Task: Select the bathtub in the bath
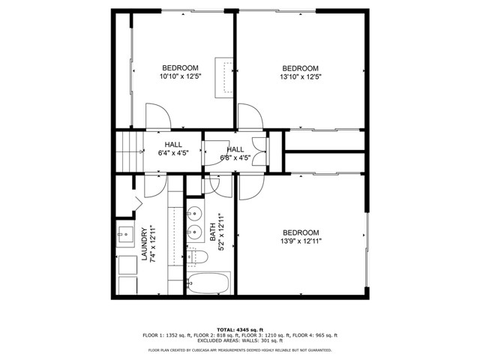tap(209, 283)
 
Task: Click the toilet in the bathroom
tap(197, 257)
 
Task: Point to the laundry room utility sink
tap(125, 235)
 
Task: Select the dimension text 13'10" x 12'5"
tap(300, 76)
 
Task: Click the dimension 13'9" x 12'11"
tap(301, 241)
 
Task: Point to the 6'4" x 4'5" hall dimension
tap(173, 153)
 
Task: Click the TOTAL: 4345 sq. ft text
tap(239, 329)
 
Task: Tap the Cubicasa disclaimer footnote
tap(240, 349)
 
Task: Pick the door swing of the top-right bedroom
tap(250, 118)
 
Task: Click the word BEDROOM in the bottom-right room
tap(301, 232)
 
